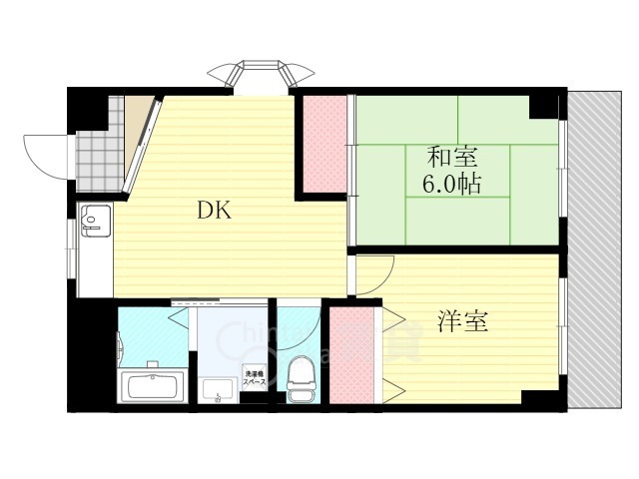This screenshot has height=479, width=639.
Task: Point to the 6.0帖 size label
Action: point(452,185)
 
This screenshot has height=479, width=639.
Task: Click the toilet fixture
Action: point(299,380)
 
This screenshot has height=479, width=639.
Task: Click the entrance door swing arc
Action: point(45,152)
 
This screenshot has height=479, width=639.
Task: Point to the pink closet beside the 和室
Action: point(324,143)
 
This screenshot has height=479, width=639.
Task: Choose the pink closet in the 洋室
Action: point(349,357)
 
